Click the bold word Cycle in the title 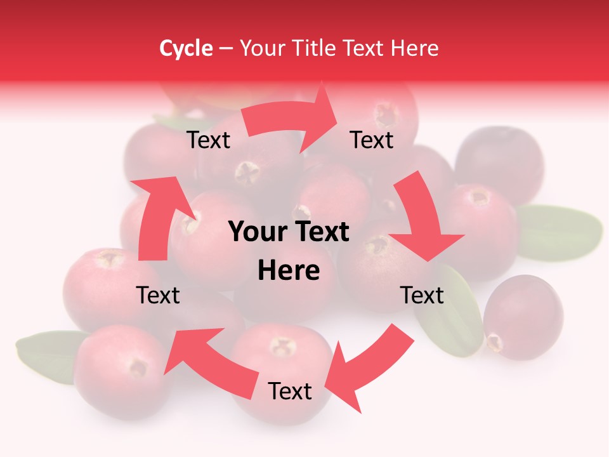[x=186, y=48]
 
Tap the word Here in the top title [x=414, y=48]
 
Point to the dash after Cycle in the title [x=226, y=48]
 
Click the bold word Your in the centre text [x=256, y=232]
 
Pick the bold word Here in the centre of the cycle [x=289, y=270]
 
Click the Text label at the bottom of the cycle [x=290, y=392]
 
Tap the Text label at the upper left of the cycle [x=209, y=140]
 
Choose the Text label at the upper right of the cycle [x=372, y=140]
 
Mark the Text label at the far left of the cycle [x=159, y=295]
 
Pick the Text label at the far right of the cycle [x=422, y=295]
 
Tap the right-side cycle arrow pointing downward [x=422, y=219]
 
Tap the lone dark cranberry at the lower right [x=523, y=317]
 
